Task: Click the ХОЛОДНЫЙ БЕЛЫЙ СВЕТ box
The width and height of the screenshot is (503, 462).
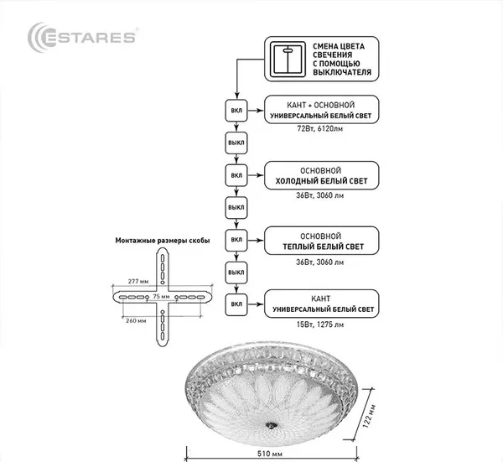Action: (321, 175)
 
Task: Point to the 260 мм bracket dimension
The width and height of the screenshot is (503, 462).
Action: (135, 319)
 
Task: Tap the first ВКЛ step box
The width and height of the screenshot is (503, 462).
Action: (236, 111)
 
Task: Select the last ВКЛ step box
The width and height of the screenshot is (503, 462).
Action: (236, 303)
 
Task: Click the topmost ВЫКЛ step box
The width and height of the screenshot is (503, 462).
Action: (236, 143)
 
